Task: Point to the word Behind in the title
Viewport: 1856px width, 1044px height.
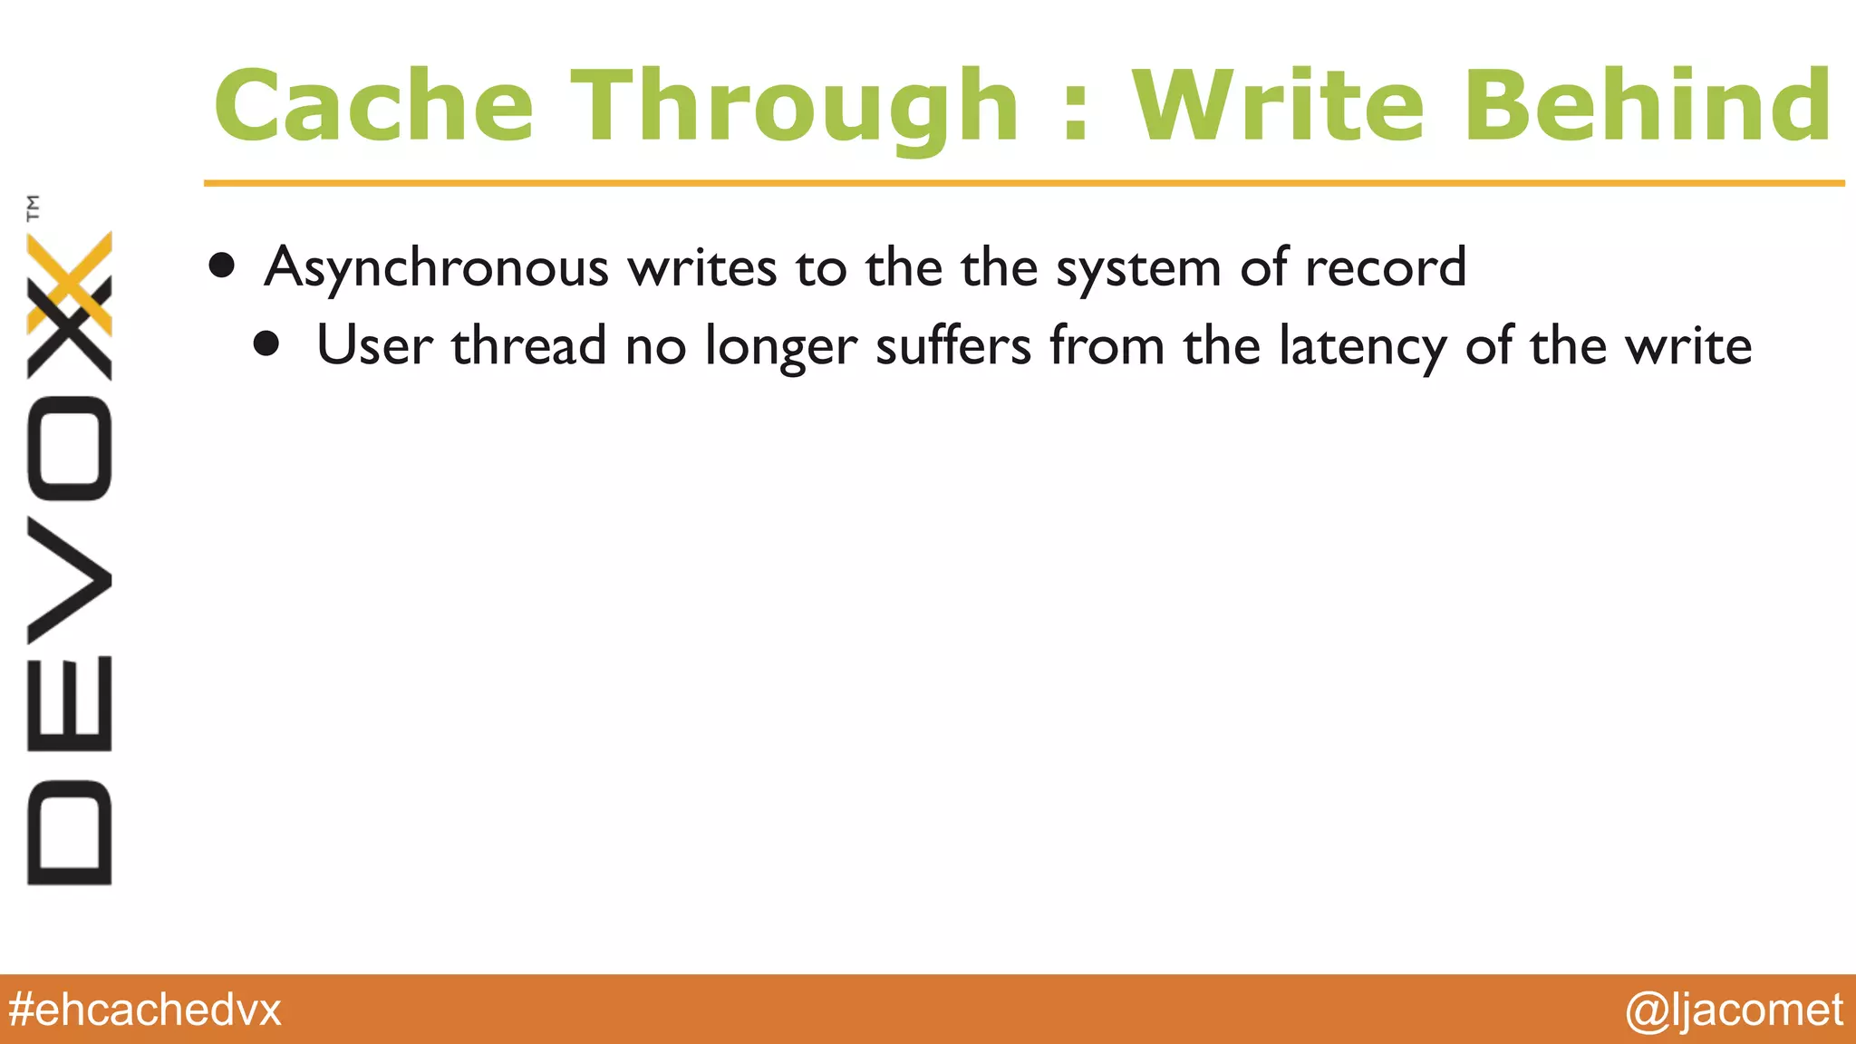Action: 1648,107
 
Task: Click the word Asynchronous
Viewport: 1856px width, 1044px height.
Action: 436,269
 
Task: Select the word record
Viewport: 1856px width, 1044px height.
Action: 1385,268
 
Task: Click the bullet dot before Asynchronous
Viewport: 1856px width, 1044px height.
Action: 222,266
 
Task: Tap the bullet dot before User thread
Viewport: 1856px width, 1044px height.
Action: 266,344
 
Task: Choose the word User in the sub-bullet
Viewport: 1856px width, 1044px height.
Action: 373,346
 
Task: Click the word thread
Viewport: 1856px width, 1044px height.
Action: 528,346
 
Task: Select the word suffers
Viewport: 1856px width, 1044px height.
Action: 953,346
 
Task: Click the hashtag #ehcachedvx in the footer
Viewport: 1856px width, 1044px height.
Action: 145,1010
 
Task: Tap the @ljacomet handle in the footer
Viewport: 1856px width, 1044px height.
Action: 1734,1010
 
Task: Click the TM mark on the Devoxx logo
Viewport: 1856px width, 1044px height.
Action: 34,208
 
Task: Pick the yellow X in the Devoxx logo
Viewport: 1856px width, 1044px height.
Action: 70,283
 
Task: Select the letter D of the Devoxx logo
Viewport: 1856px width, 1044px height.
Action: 70,832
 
